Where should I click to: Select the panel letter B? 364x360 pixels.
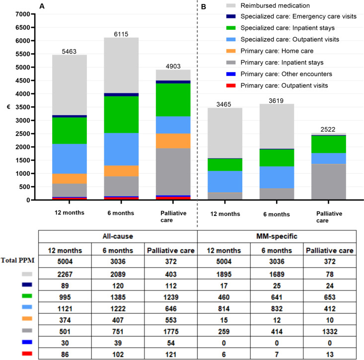tap(204, 5)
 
